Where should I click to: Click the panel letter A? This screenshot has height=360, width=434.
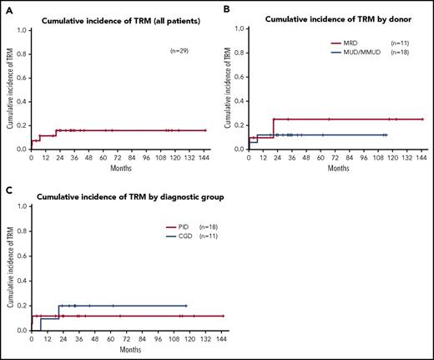[x=5, y=6]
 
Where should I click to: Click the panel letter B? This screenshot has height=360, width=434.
[x=227, y=6]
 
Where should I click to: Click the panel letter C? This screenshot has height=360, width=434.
[x=5, y=189]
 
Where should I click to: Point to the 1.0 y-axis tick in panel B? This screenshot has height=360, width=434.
[x=240, y=28]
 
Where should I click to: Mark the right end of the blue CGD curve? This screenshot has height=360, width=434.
[x=186, y=306]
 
